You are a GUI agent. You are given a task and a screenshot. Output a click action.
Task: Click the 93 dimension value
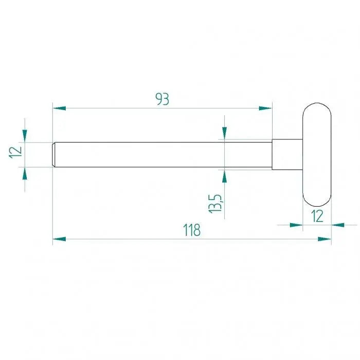click(x=163, y=99)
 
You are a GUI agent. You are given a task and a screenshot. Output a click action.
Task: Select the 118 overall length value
click(x=192, y=230)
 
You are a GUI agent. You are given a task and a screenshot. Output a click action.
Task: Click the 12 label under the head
click(x=317, y=216)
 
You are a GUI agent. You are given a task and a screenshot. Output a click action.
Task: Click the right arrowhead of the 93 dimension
click(x=265, y=108)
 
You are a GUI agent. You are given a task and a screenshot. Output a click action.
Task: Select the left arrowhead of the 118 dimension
click(x=59, y=239)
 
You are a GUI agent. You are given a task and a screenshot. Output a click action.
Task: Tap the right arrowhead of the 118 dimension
click(x=325, y=239)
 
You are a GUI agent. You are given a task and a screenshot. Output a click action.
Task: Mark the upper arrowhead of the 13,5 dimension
click(x=224, y=133)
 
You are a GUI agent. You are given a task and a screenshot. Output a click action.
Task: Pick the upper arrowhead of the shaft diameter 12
click(x=24, y=135)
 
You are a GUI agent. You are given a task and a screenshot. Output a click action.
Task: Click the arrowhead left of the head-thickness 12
click(x=296, y=225)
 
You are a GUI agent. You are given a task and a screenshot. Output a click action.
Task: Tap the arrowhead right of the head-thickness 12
click(x=338, y=225)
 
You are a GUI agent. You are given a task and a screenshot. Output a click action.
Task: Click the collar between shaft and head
click(x=287, y=154)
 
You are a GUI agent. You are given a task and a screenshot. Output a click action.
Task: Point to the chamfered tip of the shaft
click(x=54, y=154)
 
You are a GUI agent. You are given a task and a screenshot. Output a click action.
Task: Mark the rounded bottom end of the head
click(x=317, y=200)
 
